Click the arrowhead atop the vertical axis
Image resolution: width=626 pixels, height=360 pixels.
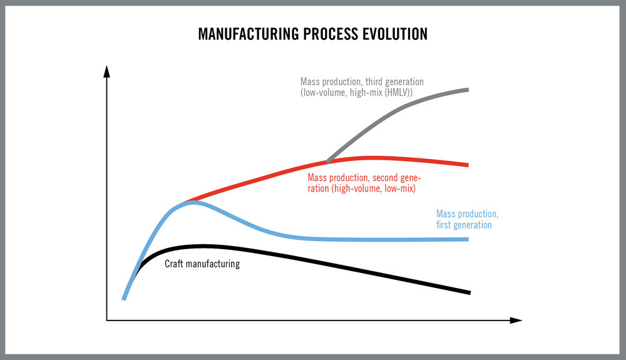(107, 69)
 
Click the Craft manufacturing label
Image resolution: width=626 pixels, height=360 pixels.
(202, 264)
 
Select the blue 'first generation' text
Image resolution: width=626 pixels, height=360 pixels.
(464, 225)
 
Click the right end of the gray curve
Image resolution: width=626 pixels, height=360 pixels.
(467, 90)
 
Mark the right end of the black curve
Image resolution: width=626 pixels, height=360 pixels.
(468, 292)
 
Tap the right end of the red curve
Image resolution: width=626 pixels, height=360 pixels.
(467, 165)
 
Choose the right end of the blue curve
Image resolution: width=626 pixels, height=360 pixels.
(467, 239)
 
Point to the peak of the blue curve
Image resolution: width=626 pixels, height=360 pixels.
(194, 202)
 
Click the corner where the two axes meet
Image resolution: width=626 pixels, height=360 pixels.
(107, 321)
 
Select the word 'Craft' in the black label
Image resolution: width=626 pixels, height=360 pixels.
(175, 264)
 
